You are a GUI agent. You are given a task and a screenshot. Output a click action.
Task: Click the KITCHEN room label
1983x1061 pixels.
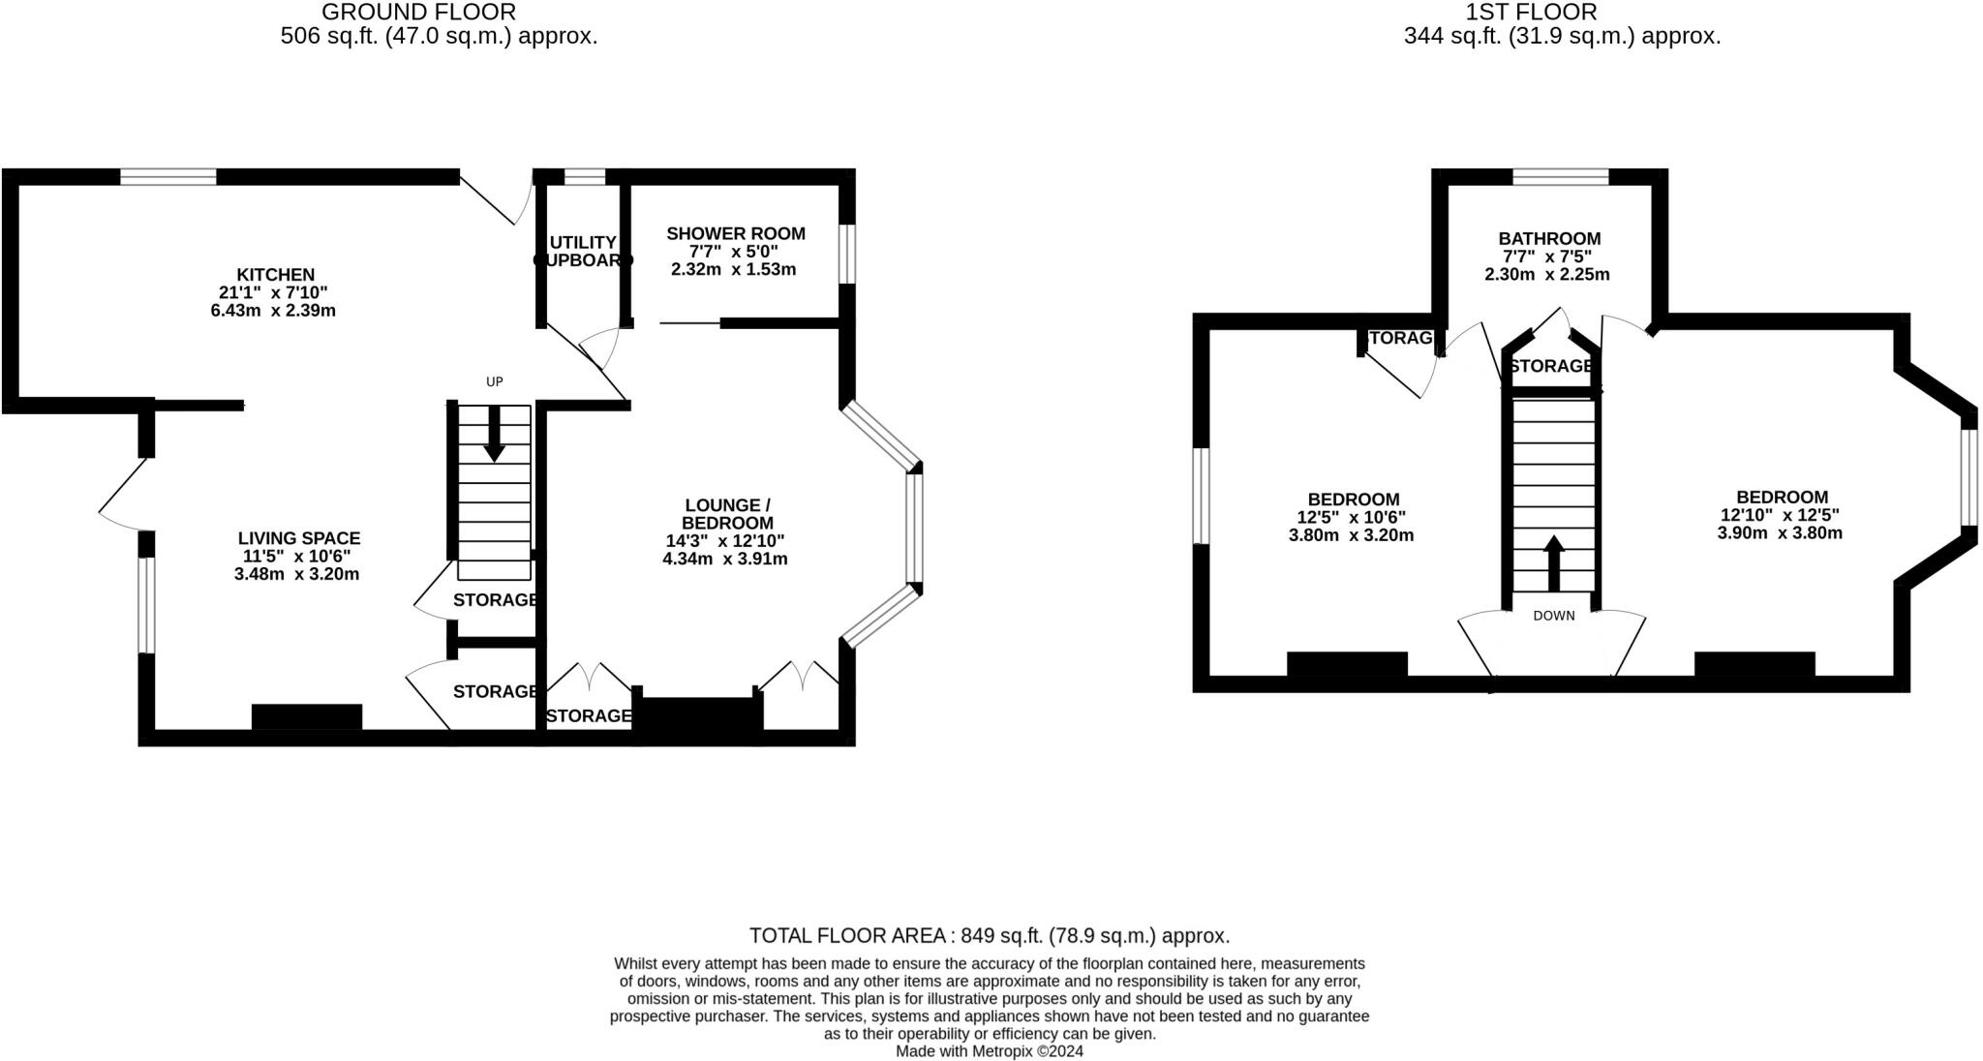coord(275,275)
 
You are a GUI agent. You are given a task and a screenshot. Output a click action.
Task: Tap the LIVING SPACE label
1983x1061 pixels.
coord(298,538)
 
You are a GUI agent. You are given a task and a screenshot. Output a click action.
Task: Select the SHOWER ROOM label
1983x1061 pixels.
coord(735,233)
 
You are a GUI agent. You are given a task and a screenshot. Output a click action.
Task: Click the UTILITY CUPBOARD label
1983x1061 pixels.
coord(582,251)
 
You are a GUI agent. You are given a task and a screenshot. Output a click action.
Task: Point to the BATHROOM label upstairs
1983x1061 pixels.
coord(1549,238)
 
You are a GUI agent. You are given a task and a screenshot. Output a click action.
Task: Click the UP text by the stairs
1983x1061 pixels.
coord(494,381)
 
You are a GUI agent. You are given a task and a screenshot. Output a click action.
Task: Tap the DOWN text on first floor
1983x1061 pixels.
coord(1553,616)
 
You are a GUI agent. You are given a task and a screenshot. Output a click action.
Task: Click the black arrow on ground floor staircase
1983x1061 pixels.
coord(494,435)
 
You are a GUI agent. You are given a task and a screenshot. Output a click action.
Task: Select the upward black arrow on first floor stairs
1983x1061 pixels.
coord(1553,562)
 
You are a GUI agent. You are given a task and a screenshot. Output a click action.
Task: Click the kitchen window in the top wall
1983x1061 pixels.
coord(168,176)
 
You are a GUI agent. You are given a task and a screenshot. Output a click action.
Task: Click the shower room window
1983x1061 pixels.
coord(847,254)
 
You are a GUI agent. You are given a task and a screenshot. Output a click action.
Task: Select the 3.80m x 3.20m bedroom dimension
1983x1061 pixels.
coord(1351,535)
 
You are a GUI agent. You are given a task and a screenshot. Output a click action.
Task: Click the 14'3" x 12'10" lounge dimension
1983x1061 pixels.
coord(724,541)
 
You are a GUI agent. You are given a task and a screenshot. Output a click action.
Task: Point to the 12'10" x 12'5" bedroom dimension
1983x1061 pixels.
coord(1779,516)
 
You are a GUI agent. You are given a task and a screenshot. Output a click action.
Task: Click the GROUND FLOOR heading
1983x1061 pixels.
coord(418,13)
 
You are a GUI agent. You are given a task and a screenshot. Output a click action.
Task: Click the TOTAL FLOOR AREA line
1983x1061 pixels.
coord(989,935)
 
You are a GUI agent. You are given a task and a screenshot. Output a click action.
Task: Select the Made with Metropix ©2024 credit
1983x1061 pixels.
coord(989,1051)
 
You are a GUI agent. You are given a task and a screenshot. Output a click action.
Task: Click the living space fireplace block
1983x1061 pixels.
coord(306,716)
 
